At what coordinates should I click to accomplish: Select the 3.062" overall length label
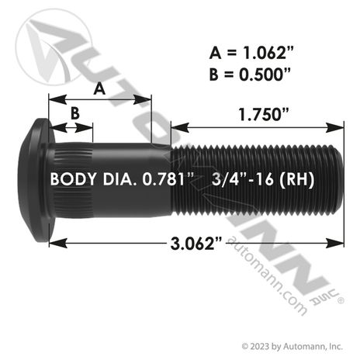coord(196,244)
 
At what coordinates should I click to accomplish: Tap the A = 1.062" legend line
coord(251,53)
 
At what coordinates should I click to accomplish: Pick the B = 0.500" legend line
coord(250,74)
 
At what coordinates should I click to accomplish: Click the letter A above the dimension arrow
coord(99,88)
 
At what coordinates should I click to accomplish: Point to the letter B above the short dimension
coord(75,113)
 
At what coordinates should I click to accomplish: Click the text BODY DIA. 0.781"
coord(122,179)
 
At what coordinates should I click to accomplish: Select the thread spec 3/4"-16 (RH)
coord(263,179)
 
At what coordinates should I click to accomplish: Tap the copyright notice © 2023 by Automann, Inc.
coord(292,346)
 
